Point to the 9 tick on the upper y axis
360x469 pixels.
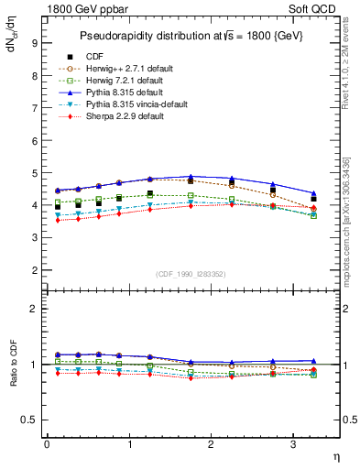coord(33,42)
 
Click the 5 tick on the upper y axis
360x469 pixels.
coord(33,173)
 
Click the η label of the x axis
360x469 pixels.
coord(335,455)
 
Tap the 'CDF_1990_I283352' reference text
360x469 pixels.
coord(191,273)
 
